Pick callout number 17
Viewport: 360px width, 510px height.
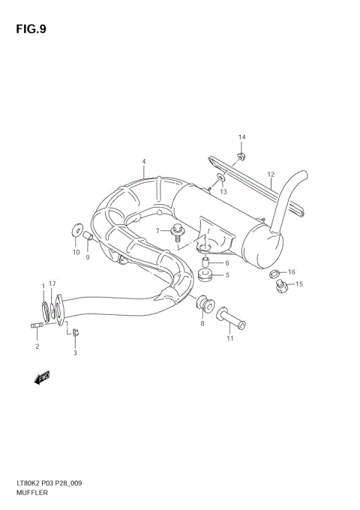tap(52, 283)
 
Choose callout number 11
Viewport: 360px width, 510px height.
tap(230, 338)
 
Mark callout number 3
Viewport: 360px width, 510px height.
tap(75, 352)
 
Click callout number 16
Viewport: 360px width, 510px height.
tap(292, 271)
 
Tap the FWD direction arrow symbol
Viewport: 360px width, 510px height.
tap(42, 376)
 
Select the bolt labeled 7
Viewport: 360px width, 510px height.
tap(178, 232)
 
